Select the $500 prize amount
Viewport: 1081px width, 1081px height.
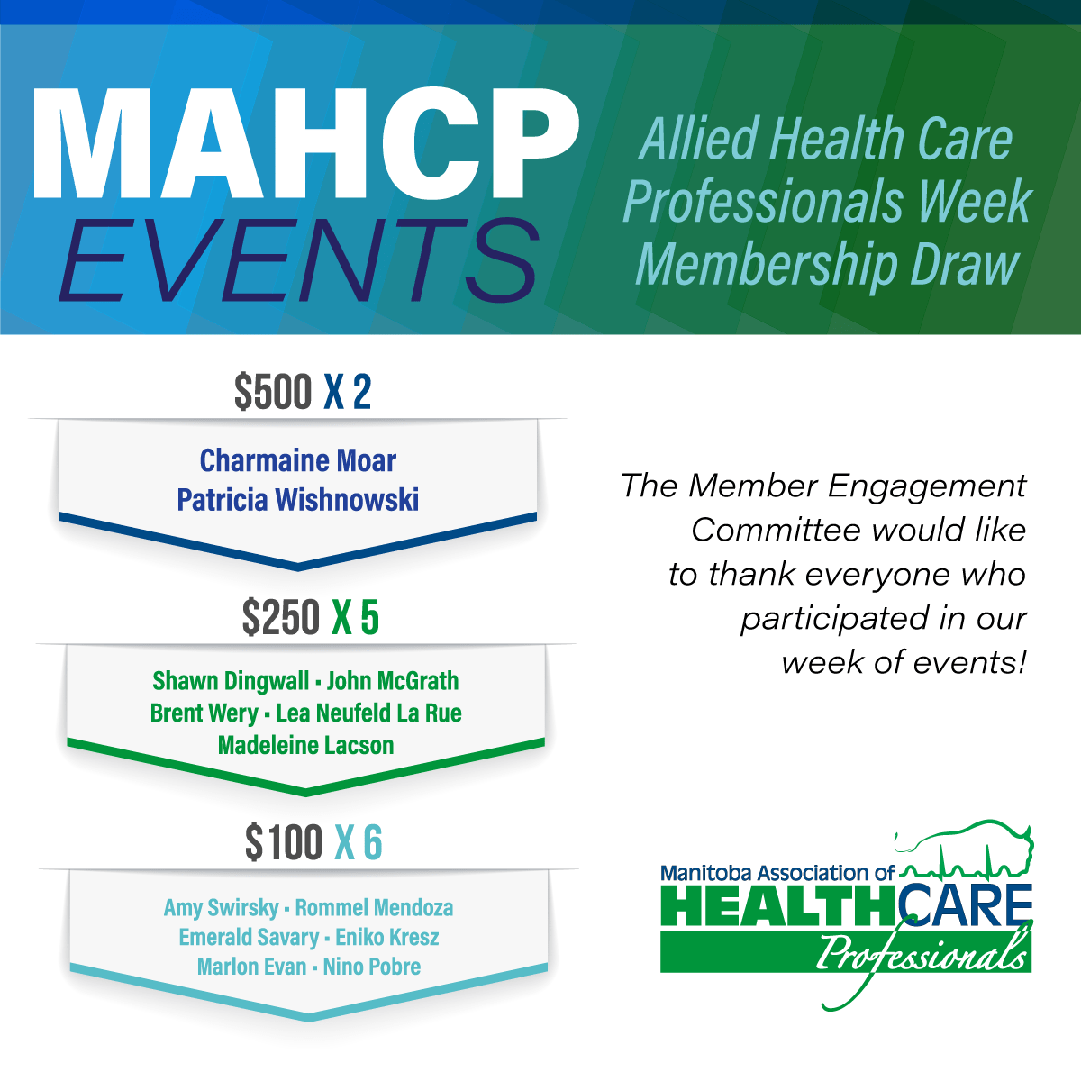pyautogui.click(x=273, y=393)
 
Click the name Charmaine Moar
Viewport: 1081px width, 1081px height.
pyautogui.click(x=298, y=461)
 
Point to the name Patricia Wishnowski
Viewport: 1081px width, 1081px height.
pyautogui.click(x=298, y=500)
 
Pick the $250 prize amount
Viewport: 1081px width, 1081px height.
pyautogui.click(x=280, y=618)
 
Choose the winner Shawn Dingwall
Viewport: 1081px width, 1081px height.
pyautogui.click(x=231, y=681)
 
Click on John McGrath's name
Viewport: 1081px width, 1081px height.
pyautogui.click(x=393, y=681)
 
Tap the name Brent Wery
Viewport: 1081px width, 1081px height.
pyautogui.click(x=204, y=713)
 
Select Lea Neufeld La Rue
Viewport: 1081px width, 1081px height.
pyautogui.click(x=368, y=713)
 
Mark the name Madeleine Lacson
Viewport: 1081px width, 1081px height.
pyautogui.click(x=306, y=746)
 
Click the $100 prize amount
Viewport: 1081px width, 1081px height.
pyautogui.click(x=284, y=843)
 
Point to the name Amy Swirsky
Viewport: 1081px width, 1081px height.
pyautogui.click(x=221, y=908)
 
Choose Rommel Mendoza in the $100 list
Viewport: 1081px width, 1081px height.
pyautogui.click(x=374, y=908)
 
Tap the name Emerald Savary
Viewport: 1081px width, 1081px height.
pyautogui.click(x=248, y=938)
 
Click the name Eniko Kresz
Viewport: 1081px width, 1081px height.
pyautogui.click(x=387, y=938)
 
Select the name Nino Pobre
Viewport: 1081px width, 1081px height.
pyautogui.click(x=372, y=967)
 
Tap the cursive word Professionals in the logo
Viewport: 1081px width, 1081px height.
pyautogui.click(x=919, y=953)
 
